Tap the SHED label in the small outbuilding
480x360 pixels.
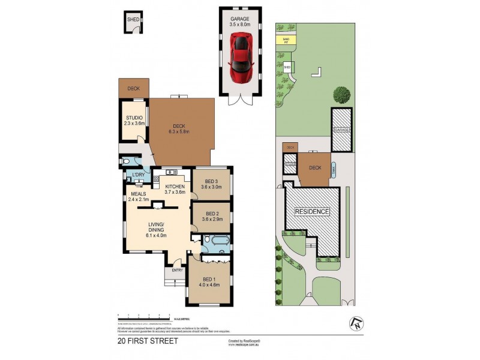coord(133,20)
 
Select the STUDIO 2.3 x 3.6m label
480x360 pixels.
coord(133,120)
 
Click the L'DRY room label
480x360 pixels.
coord(139,175)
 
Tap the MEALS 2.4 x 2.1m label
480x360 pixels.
coord(139,196)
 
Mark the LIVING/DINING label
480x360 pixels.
coord(157,229)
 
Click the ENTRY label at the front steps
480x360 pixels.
coord(177,271)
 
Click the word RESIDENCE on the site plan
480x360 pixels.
coord(311,212)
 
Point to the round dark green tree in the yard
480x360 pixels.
coord(342,94)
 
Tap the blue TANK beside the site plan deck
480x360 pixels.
coord(333,170)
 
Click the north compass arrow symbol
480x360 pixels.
coord(355,323)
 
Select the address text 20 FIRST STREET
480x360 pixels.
coord(148,341)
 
